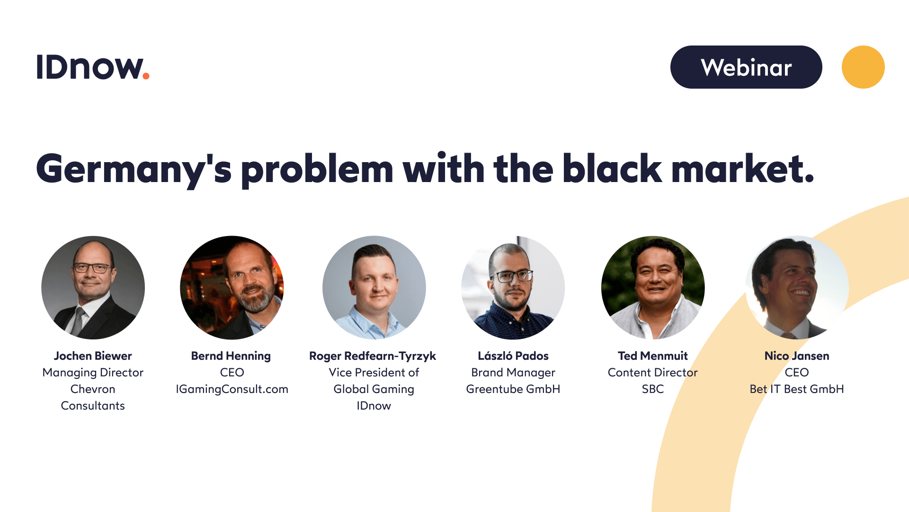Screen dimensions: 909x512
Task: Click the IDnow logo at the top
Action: pos(93,67)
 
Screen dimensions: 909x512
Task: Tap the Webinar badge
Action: pos(746,67)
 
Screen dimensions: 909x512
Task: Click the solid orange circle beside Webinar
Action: pos(863,67)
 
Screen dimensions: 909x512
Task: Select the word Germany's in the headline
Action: pos(134,169)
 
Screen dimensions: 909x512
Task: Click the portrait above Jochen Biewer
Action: pos(93,288)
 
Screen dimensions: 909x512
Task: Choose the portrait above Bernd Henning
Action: pos(232,288)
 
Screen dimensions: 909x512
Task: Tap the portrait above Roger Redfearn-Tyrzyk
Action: pos(374,288)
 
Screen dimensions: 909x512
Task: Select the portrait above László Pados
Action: pos(513,288)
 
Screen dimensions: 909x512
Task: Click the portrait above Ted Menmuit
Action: pos(653,288)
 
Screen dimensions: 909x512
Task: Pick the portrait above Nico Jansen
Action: pos(797,288)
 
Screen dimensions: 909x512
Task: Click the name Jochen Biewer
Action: pos(93,356)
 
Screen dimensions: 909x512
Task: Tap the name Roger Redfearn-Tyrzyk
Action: pos(373,357)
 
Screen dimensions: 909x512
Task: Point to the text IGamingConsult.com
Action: pos(232,389)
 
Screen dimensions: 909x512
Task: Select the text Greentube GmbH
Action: pos(513,389)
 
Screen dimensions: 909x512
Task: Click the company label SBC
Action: pos(653,389)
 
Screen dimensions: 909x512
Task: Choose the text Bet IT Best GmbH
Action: pos(797,389)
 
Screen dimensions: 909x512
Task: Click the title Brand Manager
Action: pos(513,373)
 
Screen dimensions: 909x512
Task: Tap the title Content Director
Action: pos(653,373)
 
